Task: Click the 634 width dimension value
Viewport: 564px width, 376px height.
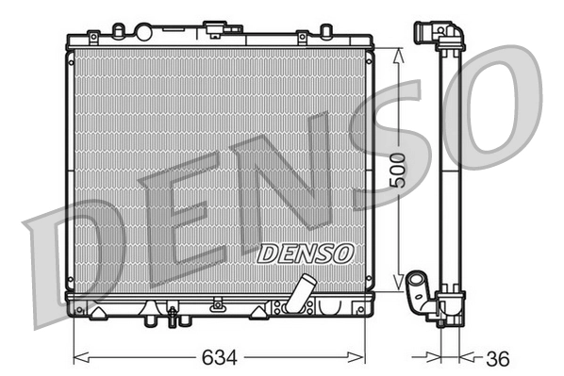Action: tap(219, 359)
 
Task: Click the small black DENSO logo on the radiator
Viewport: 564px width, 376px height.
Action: tap(305, 253)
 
